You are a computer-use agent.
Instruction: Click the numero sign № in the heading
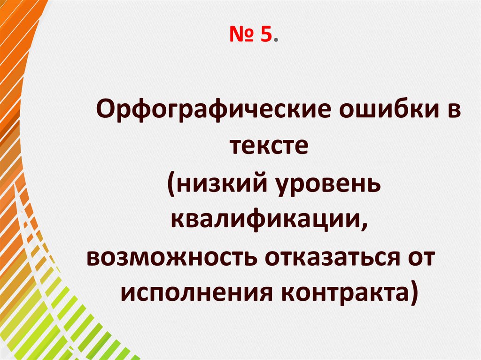tap(241, 35)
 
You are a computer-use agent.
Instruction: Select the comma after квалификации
tap(365, 225)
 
